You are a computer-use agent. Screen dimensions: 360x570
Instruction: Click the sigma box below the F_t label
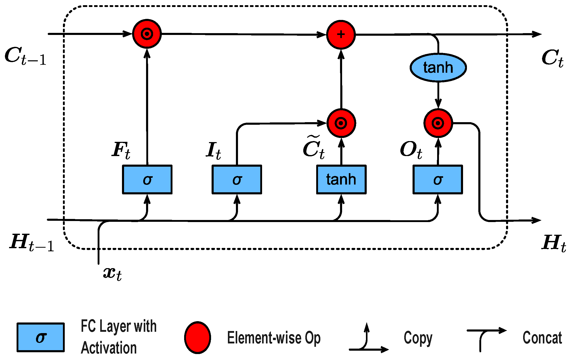click(147, 179)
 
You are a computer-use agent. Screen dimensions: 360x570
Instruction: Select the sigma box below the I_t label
click(237, 179)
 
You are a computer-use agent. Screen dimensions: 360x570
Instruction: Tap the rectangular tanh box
click(341, 179)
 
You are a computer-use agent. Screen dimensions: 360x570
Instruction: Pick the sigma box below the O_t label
click(438, 179)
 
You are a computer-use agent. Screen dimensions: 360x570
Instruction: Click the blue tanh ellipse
click(438, 68)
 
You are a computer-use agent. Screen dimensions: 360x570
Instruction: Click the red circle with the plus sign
click(341, 34)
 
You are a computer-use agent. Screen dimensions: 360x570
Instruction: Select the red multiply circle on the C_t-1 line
click(147, 34)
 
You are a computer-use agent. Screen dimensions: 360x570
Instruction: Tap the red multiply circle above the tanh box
click(341, 123)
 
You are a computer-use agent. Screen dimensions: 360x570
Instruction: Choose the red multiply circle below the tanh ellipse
click(438, 123)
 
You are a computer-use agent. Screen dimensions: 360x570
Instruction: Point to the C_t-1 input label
click(25, 56)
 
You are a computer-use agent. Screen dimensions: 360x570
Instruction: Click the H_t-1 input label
click(32, 243)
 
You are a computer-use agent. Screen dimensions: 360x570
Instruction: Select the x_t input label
click(112, 274)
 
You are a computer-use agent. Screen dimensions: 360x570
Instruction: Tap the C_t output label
click(552, 58)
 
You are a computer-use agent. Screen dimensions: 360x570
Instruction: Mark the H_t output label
click(553, 243)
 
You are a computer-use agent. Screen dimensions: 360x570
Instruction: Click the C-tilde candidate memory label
click(314, 148)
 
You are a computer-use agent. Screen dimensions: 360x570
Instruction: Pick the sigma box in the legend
click(41, 337)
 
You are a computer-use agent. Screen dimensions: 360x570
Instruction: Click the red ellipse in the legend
click(197, 338)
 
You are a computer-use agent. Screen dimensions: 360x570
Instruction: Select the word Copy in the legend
click(418, 338)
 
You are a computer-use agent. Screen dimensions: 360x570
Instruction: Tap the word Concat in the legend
click(542, 338)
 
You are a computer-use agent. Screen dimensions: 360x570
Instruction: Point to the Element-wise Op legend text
click(274, 338)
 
